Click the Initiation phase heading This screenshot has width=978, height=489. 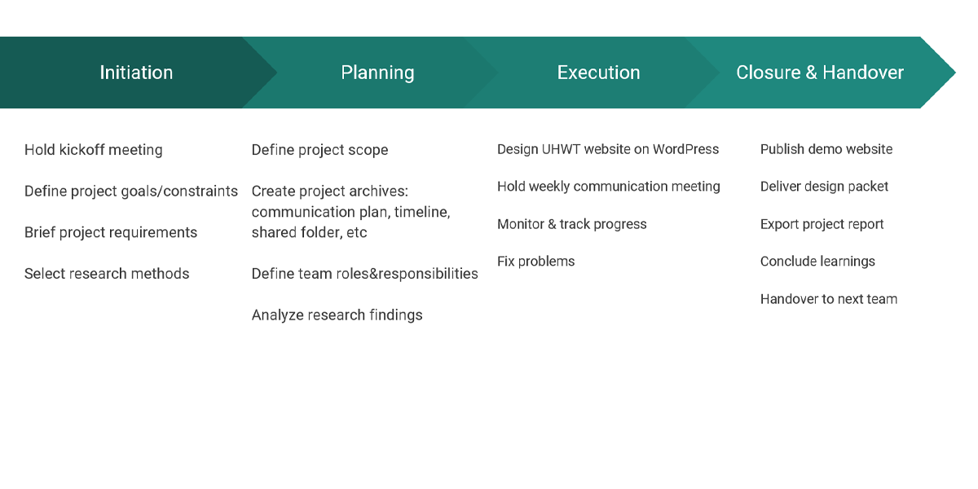136,73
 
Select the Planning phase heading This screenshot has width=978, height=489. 377,73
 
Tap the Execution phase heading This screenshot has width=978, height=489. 598,73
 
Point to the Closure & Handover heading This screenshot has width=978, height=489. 820,73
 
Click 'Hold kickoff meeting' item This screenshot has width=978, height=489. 94,150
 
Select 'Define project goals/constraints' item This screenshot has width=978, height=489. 131,192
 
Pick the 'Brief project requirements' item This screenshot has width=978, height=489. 111,232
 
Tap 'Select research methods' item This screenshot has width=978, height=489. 107,274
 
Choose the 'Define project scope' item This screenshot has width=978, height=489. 320,150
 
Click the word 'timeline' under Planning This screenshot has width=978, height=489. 422,212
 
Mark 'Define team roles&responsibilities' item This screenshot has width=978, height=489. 365,274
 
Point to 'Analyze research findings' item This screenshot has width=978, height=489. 337,315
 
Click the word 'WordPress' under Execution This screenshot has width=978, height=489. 685,149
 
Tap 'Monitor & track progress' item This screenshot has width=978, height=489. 572,224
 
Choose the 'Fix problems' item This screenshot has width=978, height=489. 536,261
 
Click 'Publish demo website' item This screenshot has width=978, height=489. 826,149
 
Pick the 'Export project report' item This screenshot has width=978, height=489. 822,224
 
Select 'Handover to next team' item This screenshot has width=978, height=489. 829,299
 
